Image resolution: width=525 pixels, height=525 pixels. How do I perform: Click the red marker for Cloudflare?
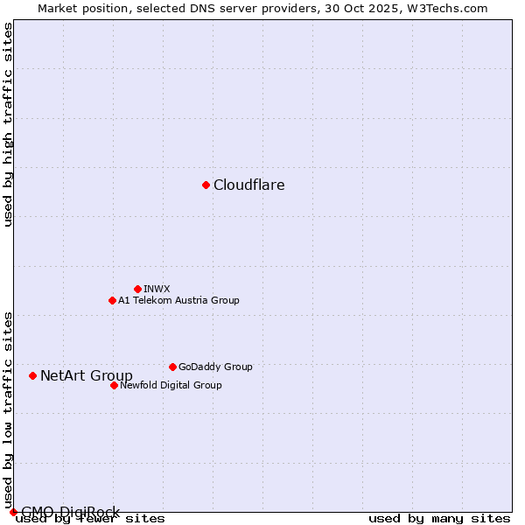206,185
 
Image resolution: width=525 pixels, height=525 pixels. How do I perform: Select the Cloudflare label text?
249,185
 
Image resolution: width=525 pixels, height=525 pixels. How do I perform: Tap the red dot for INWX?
137,289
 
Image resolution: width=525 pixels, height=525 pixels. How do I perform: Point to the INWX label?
157,289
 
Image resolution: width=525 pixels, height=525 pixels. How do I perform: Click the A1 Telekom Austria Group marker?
112,300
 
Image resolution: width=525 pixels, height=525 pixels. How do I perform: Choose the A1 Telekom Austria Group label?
178,300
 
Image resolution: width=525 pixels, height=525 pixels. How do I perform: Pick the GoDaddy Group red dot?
172,367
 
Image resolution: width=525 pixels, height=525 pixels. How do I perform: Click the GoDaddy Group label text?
215,367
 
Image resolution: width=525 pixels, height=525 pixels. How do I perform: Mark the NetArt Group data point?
32,375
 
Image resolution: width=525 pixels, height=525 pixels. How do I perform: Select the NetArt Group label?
87,376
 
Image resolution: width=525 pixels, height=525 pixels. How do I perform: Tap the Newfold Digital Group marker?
114,385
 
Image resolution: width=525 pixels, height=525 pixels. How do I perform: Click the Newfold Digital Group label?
171,385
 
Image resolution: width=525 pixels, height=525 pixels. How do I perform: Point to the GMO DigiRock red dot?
13,512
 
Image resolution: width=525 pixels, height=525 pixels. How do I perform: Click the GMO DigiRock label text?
70,512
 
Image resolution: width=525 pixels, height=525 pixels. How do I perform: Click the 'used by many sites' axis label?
439,519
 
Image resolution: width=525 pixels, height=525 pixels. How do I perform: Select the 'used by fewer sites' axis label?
91,519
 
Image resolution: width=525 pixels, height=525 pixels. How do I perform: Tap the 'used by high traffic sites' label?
9,124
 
